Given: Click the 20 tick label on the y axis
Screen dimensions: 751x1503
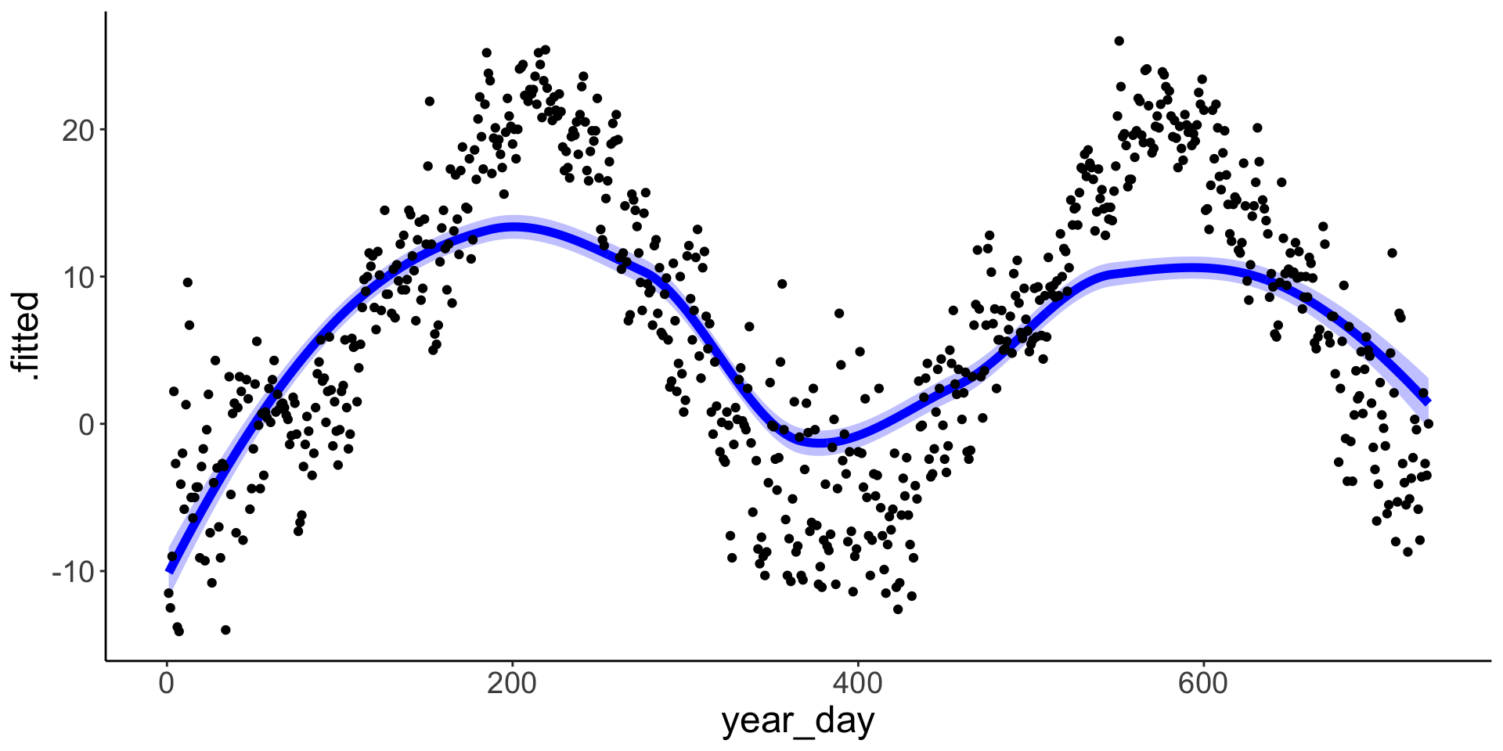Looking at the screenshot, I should click(x=77, y=130).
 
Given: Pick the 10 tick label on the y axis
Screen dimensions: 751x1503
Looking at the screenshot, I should click(x=77, y=277).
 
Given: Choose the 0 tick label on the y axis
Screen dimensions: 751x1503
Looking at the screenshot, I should click(x=86, y=424).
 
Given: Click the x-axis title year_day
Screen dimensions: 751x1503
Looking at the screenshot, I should click(x=798, y=721).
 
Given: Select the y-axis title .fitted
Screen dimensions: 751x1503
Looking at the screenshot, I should click(x=28, y=336).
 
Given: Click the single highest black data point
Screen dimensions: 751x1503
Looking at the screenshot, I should click(x=1119, y=41).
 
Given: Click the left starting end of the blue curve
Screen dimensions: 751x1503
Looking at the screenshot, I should click(x=169, y=570).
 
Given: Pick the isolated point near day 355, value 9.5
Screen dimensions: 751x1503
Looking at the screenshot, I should click(x=781, y=284).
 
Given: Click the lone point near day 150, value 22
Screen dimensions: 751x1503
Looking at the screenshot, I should click(x=429, y=101).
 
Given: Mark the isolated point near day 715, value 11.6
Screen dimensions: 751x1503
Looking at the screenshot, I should click(x=1392, y=253).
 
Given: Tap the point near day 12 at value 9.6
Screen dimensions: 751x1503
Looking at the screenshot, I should click(x=188, y=282).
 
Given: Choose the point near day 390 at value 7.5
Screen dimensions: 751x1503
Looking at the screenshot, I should click(x=839, y=313).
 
